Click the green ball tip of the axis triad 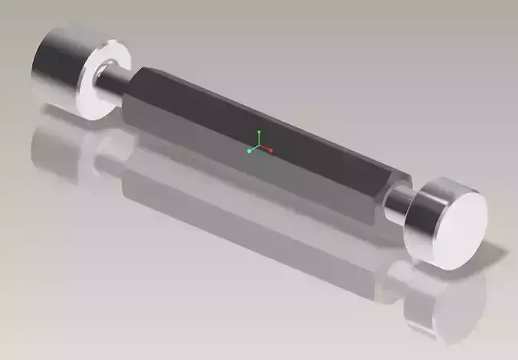click(259, 133)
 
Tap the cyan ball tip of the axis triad click(250, 151)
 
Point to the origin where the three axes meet click(260, 146)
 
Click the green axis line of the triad click(259, 139)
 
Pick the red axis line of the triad click(266, 149)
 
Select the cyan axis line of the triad click(254, 149)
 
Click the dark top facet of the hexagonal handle click(253, 115)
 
